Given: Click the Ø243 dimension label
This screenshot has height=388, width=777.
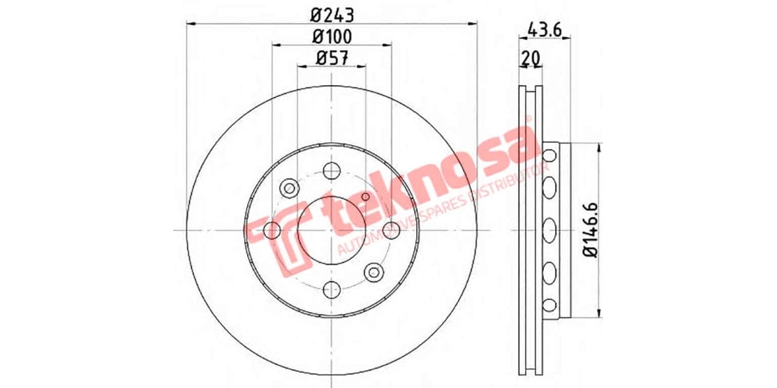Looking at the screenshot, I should [332, 13].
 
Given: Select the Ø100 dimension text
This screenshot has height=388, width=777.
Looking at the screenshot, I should [332, 36].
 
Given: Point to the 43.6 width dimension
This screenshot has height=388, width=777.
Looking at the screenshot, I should [544, 29].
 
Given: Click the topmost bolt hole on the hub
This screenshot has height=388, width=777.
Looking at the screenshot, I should [332, 171].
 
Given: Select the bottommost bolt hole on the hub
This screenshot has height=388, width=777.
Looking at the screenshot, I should [332, 289].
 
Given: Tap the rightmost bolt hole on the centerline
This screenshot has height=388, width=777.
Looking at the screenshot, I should [390, 230].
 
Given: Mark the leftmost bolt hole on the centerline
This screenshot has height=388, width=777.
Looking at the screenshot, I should [273, 230].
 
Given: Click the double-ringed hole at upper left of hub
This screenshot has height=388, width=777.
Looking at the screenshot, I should [289, 188].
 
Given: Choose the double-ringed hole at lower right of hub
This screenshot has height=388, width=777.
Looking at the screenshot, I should [373, 272].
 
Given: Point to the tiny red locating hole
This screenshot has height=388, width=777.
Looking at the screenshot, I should [365, 197].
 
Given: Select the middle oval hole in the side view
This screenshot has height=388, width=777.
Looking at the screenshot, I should [550, 230].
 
